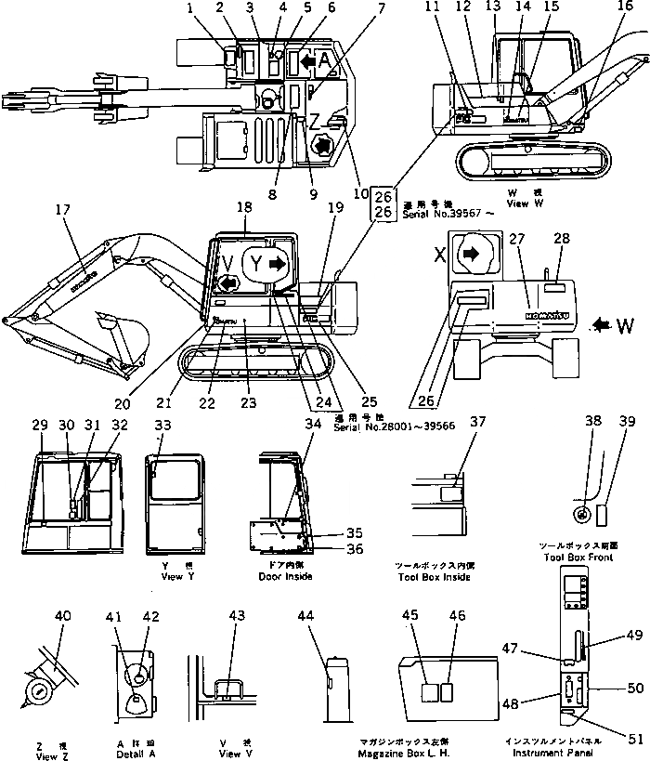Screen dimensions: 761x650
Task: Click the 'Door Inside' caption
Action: [285, 577]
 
